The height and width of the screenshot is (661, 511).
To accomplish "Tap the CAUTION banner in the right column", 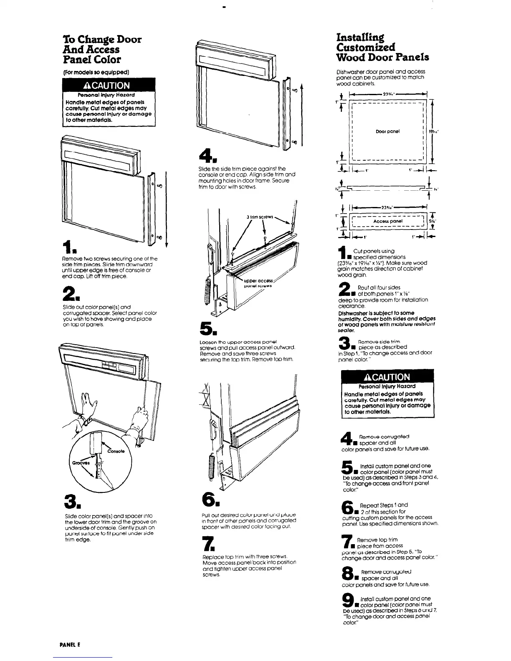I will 387,377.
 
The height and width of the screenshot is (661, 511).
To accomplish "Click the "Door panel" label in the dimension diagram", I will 388,131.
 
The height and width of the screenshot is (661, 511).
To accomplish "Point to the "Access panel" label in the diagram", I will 388,221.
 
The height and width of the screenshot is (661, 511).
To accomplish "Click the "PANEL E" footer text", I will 70,644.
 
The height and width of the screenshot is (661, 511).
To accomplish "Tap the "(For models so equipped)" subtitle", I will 95,71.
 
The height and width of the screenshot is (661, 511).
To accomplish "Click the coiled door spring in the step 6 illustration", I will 212,463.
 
